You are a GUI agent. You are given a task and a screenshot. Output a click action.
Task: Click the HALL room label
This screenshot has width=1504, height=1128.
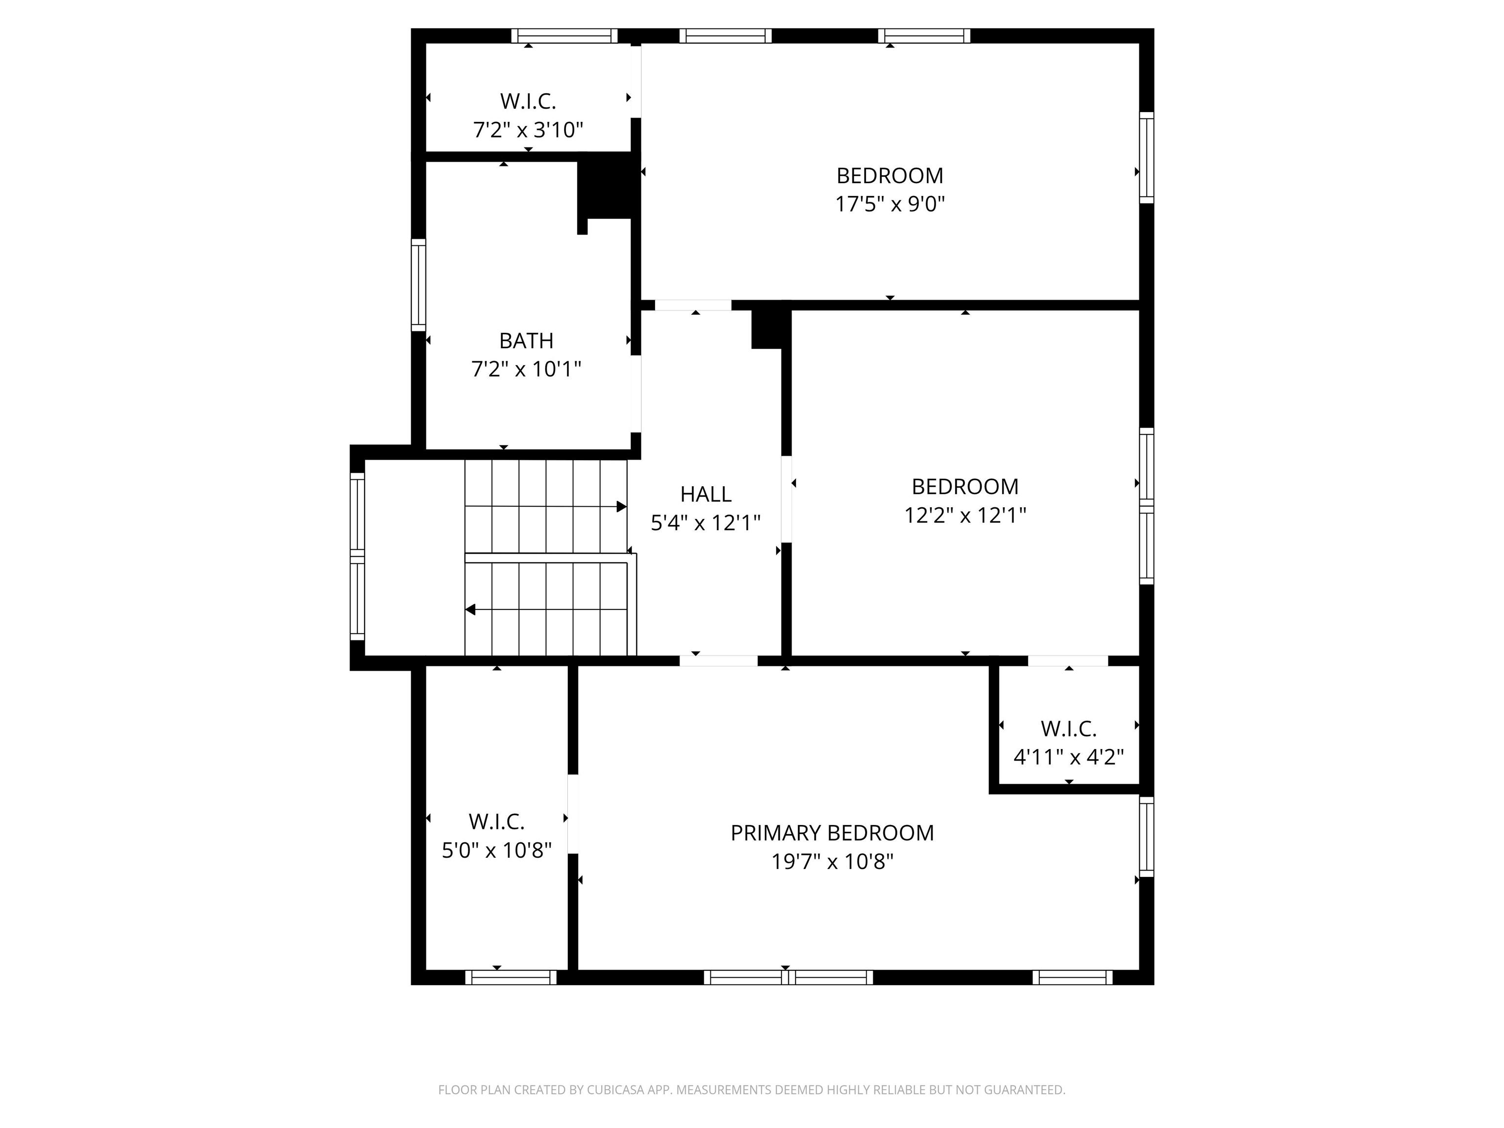click(x=706, y=494)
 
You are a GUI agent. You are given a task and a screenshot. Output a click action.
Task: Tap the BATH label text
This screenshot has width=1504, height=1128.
click(x=526, y=341)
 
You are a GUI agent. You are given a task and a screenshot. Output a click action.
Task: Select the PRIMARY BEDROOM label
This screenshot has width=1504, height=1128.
click(x=832, y=833)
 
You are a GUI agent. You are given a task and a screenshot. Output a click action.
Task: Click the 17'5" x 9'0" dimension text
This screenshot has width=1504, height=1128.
click(x=890, y=204)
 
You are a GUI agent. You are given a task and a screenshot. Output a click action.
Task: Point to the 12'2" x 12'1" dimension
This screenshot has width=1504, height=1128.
click(x=965, y=516)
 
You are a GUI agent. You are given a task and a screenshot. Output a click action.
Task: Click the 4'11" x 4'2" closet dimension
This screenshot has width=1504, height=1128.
click(x=1069, y=757)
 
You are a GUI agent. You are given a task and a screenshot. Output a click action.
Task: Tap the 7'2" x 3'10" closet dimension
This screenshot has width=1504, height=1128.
click(x=528, y=129)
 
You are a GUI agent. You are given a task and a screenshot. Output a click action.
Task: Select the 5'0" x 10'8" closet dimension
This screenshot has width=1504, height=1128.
click(x=496, y=850)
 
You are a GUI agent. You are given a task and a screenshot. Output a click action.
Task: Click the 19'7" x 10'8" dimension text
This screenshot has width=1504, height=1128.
click(x=832, y=862)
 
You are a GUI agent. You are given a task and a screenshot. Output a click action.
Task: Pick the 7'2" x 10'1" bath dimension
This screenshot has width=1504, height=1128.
click(x=526, y=369)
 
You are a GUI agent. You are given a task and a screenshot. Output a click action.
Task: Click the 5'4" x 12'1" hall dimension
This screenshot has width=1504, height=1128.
click(x=706, y=523)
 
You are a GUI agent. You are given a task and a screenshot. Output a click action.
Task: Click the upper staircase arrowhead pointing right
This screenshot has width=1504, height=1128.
click(x=621, y=507)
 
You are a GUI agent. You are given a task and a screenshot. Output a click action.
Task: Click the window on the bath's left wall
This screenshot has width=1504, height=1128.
click(x=419, y=285)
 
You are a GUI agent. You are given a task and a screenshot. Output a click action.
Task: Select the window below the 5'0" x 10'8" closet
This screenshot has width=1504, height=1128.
click(x=511, y=977)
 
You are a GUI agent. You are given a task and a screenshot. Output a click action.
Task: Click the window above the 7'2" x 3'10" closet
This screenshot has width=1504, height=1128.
click(x=564, y=35)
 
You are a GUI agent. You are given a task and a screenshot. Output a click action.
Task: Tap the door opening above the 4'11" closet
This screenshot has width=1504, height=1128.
click(x=1068, y=660)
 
